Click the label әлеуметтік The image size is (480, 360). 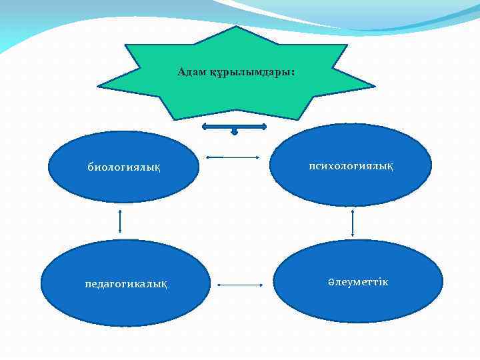358,283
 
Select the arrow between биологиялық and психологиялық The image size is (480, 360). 233,157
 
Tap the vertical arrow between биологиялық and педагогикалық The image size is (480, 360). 120,221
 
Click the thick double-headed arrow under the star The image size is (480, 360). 234,125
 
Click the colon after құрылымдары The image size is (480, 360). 291,73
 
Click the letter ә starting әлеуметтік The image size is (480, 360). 331,283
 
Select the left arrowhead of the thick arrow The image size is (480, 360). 205,125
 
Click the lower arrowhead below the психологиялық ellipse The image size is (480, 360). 353,235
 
